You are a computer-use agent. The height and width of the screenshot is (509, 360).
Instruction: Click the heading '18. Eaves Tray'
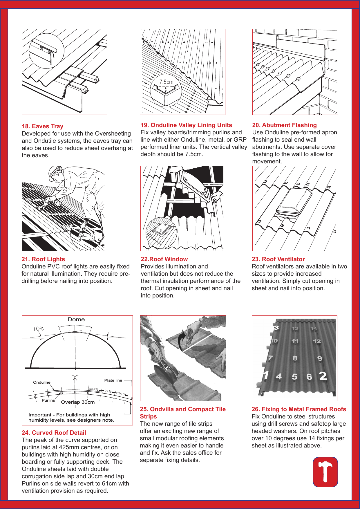click(x=42, y=126)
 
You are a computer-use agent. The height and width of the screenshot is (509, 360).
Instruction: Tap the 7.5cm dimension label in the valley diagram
click(x=166, y=82)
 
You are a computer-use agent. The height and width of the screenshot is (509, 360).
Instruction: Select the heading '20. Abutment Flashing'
click(x=284, y=125)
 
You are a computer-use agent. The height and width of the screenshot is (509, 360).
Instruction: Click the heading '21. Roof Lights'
click(x=43, y=259)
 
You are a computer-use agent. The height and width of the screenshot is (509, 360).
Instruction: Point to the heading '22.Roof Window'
click(x=164, y=259)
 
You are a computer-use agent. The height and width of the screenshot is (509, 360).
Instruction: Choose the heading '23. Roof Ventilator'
click(x=278, y=259)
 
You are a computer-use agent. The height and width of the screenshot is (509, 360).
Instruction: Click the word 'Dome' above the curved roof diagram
click(x=76, y=320)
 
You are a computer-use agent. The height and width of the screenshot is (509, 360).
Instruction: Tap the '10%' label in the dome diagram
click(x=38, y=329)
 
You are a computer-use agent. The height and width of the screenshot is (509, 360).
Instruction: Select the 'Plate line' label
click(x=113, y=380)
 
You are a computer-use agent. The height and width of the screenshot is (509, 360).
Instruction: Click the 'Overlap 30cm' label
click(x=78, y=402)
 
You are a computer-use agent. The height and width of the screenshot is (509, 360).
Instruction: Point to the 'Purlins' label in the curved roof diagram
click(x=48, y=400)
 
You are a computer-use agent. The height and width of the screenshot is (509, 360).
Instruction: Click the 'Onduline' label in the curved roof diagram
click(x=41, y=382)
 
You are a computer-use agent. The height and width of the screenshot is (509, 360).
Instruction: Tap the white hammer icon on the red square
click(x=325, y=472)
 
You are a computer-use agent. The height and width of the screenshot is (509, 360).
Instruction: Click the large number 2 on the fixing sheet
click(x=323, y=376)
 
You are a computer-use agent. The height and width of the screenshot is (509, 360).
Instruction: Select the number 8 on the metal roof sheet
click(x=295, y=358)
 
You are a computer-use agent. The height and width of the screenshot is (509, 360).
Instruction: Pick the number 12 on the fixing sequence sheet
click(x=317, y=341)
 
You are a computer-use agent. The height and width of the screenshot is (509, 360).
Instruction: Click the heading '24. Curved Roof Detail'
click(x=54, y=433)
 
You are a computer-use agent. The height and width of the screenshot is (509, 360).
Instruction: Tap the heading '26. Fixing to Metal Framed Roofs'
click(x=299, y=409)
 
